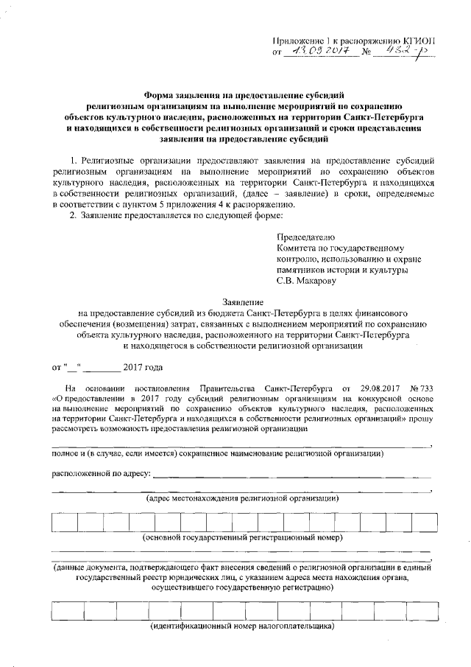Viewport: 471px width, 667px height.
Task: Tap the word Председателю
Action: [305, 237]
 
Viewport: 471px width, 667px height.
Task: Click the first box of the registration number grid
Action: [64, 522]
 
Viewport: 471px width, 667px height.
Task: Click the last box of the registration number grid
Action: [419, 522]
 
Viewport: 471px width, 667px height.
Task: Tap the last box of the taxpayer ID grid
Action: [418, 612]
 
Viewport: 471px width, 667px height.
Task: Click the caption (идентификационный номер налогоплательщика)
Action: [242, 627]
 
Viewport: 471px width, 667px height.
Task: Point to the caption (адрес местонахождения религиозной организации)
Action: [242, 499]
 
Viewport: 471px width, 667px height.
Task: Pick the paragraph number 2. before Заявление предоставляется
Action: [73, 215]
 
